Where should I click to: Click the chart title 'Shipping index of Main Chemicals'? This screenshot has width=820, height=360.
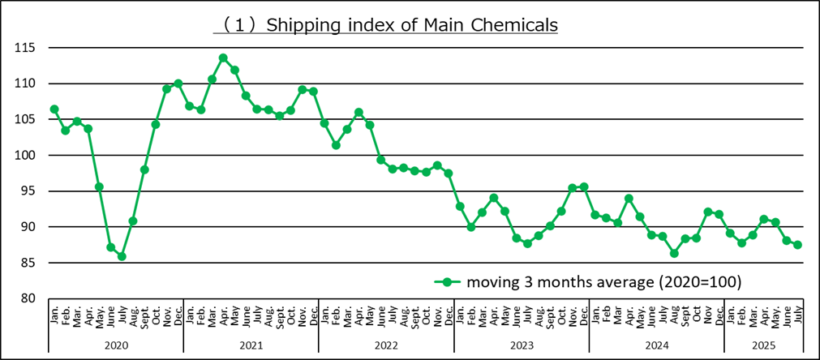pyautogui.click(x=386, y=25)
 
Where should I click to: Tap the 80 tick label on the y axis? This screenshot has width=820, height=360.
pyautogui.click(x=28, y=298)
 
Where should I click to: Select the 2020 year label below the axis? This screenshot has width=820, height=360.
pyautogui.click(x=116, y=345)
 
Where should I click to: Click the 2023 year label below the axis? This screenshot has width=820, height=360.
pyautogui.click(x=521, y=345)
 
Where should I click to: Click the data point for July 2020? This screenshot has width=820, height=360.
pyautogui.click(x=122, y=256)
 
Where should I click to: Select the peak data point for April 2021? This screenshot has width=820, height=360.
pyautogui.click(x=223, y=58)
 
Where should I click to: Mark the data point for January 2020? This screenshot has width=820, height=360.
pyautogui.click(x=54, y=109)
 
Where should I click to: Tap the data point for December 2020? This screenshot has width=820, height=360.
pyautogui.click(x=178, y=83)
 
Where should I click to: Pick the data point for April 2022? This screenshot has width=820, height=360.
pyautogui.click(x=358, y=112)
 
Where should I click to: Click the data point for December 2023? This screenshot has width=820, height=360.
pyautogui.click(x=584, y=186)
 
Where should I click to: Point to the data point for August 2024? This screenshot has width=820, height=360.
pyautogui.click(x=673, y=253)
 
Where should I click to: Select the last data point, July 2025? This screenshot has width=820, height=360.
pyautogui.click(x=797, y=245)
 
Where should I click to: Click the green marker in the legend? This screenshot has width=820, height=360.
pyautogui.click(x=445, y=282)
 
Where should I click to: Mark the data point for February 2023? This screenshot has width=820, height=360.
pyautogui.click(x=470, y=227)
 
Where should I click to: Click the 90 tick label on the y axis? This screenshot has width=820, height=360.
pyautogui.click(x=28, y=227)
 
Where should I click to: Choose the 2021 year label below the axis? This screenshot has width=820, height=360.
pyautogui.click(x=251, y=345)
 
